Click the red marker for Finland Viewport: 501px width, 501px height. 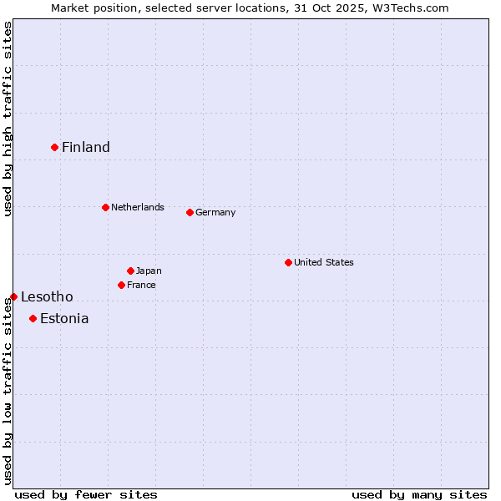(x=55, y=147)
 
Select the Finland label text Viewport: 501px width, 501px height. (x=86, y=148)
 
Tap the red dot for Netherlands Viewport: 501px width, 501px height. (x=105, y=207)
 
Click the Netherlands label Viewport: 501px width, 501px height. (x=138, y=207)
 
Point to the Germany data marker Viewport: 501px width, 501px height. (x=190, y=212)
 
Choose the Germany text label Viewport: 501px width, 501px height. (x=215, y=212)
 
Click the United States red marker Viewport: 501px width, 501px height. (x=288, y=262)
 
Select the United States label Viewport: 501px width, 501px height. (x=324, y=262)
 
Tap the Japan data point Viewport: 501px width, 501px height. (x=130, y=271)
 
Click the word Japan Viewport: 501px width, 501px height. (x=149, y=271)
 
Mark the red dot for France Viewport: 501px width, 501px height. (x=121, y=285)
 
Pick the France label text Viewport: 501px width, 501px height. (x=141, y=285)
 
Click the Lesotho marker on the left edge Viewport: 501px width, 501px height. (x=13, y=296)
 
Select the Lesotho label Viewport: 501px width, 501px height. (x=47, y=297)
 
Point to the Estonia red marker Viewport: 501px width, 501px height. (x=33, y=318)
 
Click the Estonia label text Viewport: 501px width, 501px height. (x=64, y=319)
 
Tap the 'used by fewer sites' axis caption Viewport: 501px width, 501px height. (x=86, y=494)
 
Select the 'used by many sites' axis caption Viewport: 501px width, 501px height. (x=419, y=494)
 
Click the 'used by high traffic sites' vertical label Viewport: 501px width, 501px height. (x=8, y=119)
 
